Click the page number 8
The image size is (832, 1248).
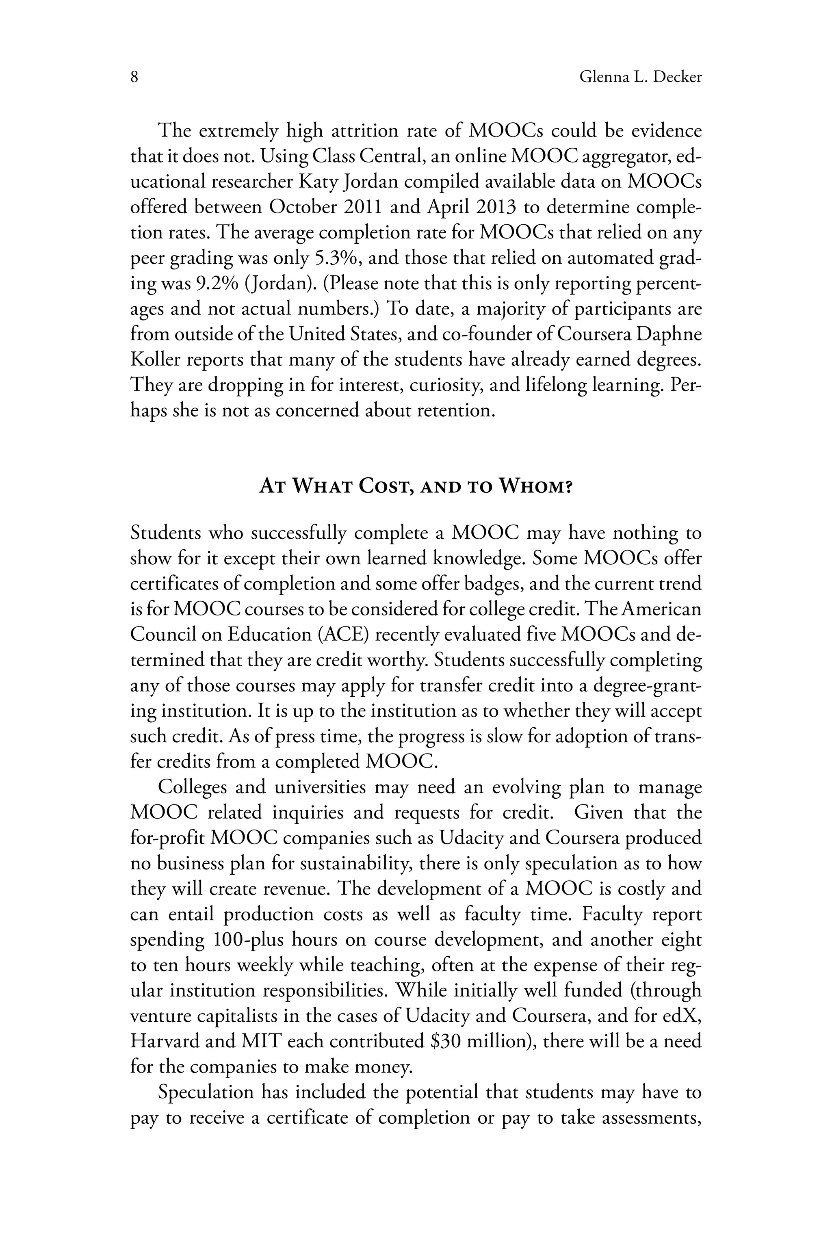[x=134, y=78]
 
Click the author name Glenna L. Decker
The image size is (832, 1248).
[x=640, y=78]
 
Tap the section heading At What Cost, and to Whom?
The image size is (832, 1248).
[x=416, y=486]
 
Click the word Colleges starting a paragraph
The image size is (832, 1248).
[x=192, y=787]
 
